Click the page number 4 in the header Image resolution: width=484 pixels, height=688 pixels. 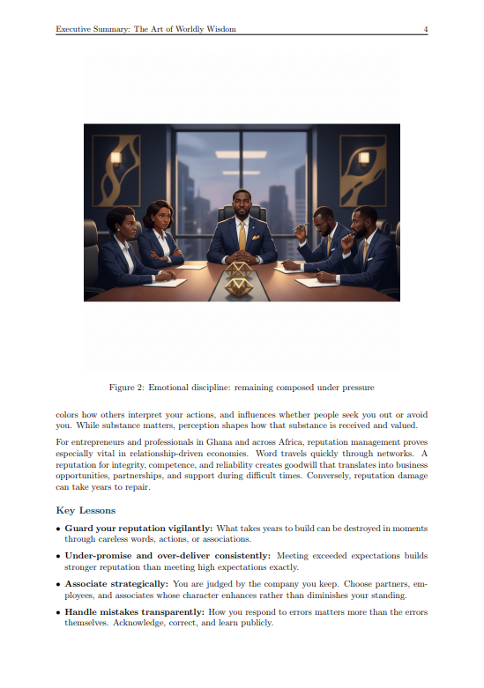coord(426,29)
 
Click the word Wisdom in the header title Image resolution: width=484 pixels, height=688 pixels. coord(219,29)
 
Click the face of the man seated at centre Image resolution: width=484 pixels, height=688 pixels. coord(242,203)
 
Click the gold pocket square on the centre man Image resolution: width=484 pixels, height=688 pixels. coord(253,235)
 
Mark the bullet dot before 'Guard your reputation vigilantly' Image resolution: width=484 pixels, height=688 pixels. coord(58,529)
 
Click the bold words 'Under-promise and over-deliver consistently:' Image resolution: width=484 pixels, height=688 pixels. coord(168,556)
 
